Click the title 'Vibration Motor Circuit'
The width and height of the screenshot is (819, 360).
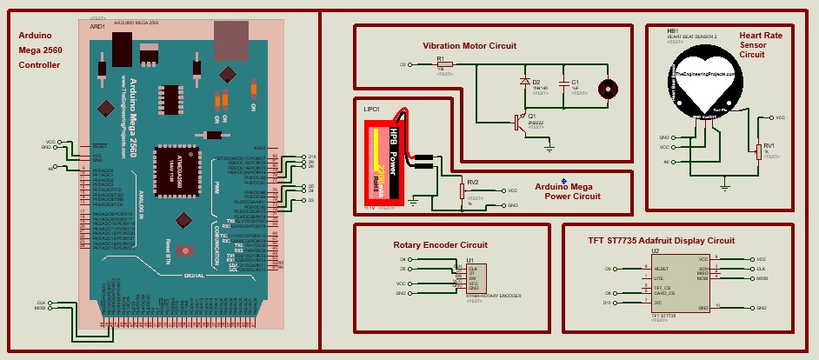[469, 45]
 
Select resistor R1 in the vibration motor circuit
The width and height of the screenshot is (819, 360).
[440, 64]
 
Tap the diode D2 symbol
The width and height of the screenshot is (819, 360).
[525, 82]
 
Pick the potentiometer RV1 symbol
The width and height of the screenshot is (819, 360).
[758, 151]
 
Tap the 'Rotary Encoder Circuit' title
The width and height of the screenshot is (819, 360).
[440, 245]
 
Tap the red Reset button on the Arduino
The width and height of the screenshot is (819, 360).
[185, 250]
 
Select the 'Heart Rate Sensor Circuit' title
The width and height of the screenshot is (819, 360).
[760, 44]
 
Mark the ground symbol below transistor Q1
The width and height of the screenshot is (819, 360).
[549, 148]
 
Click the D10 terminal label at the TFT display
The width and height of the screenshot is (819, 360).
[608, 303]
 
